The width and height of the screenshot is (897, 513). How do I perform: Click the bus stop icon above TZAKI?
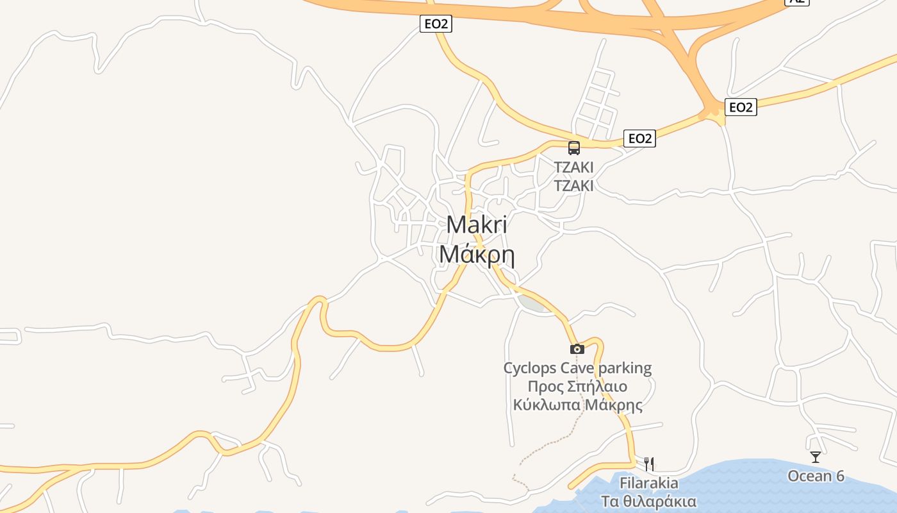(574, 148)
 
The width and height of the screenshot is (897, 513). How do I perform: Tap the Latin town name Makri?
(477, 225)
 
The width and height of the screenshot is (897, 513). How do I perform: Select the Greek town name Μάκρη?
(477, 255)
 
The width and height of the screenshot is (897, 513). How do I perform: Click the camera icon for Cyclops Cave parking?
(577, 349)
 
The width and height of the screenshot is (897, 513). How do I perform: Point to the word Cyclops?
(530, 368)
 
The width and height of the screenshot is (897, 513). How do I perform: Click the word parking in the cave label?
(625, 368)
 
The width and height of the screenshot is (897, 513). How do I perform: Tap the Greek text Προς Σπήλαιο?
(577, 387)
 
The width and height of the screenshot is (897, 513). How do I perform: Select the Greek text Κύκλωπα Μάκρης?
(577, 405)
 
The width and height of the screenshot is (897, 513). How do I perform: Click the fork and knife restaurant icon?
(649, 464)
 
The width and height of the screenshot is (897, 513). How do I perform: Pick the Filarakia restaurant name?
(649, 482)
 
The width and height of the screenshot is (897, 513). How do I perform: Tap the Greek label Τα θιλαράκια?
(649, 501)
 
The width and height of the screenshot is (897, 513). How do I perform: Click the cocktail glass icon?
(816, 457)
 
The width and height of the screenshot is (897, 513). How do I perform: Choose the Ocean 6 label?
(816, 476)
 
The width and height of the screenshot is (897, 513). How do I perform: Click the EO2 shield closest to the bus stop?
(639, 139)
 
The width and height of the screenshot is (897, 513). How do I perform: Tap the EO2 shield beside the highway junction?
(741, 107)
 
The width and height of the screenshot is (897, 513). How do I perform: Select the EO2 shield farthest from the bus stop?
(436, 24)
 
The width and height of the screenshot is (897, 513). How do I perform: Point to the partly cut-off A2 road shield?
(797, 2)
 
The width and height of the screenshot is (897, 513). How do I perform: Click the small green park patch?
(531, 303)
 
